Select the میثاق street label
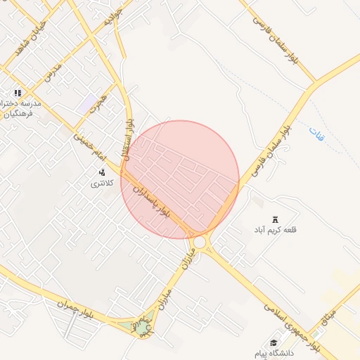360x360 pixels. point(328,321)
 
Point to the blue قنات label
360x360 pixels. point(316,133)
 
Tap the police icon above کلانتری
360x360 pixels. point(102,172)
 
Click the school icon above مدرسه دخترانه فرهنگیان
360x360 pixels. point(18,93)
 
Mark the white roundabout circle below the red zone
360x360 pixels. point(200,242)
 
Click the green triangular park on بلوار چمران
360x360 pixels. point(143,328)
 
